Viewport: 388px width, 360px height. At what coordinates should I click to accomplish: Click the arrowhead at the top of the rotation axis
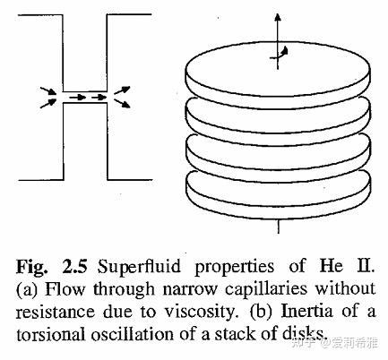tap(278, 17)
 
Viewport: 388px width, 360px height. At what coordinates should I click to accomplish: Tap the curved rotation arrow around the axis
tap(282, 54)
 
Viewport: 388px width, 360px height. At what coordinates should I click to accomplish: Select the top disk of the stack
tap(278, 74)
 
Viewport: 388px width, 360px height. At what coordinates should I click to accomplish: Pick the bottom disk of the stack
tap(278, 195)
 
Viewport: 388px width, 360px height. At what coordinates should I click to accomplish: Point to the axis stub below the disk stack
tap(279, 227)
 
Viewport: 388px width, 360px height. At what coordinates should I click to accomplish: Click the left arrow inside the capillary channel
tap(78, 97)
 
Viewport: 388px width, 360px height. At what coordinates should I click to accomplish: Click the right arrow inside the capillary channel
tap(99, 97)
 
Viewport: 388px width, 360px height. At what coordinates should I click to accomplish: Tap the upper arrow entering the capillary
tap(47, 90)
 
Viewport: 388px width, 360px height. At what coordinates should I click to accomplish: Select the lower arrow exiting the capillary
tap(123, 103)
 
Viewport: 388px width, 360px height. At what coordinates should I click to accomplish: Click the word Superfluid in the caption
tap(139, 267)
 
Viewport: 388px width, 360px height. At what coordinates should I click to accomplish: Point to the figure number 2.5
tap(74, 267)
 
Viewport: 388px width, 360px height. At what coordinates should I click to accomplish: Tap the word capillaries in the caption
tap(266, 289)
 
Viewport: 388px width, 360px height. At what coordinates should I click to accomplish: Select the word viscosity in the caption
tap(200, 312)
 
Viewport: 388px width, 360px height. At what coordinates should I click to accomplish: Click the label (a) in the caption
tap(27, 289)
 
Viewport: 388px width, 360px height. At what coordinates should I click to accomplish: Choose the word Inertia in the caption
tap(307, 311)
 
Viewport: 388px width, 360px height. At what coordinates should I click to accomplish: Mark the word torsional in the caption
tap(50, 334)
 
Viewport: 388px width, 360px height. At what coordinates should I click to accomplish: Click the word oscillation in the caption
tap(133, 334)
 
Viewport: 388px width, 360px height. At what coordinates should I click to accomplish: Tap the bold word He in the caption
tap(332, 266)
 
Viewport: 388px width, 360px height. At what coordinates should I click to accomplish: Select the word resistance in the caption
tap(56, 312)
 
